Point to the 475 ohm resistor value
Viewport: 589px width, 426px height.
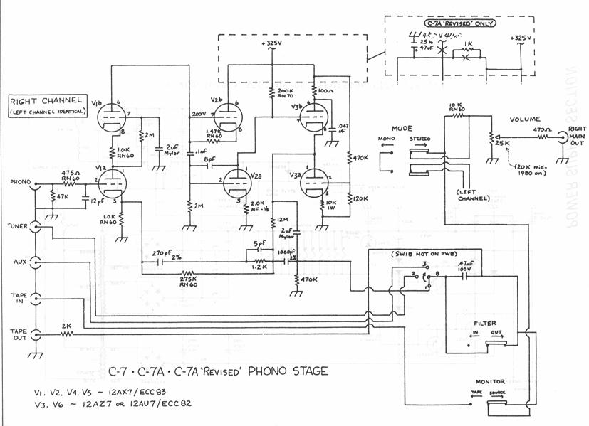pos(70,172)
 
